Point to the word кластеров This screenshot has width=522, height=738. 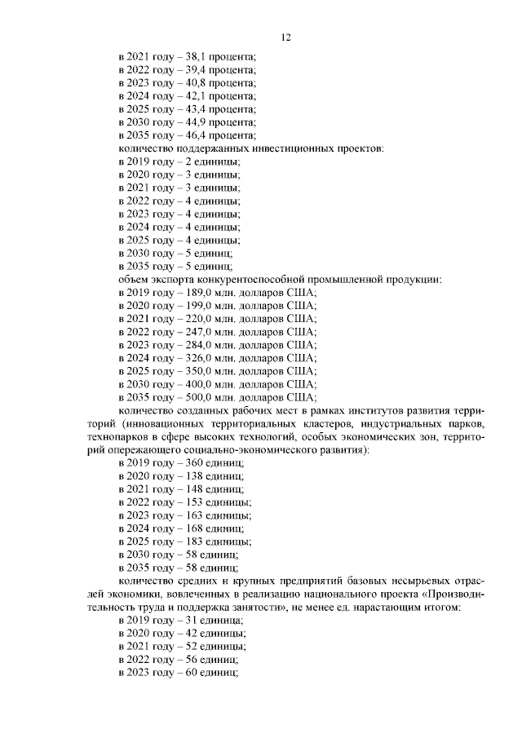pos(307,423)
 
